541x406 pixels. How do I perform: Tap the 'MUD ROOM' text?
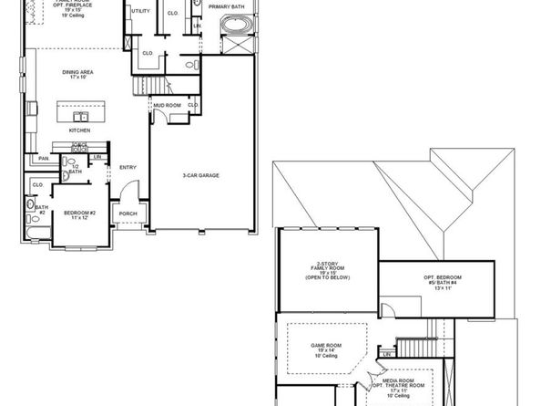[x=167, y=106]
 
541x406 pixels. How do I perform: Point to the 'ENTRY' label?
[x=128, y=167]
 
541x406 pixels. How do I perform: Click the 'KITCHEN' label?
[x=80, y=130]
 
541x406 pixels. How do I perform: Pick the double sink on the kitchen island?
[x=81, y=116]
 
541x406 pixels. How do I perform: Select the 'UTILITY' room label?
[x=140, y=12]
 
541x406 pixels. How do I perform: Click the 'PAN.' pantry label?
[x=43, y=159]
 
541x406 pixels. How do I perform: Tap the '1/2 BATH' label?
[x=76, y=169]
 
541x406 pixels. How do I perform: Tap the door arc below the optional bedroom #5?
[x=389, y=310]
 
